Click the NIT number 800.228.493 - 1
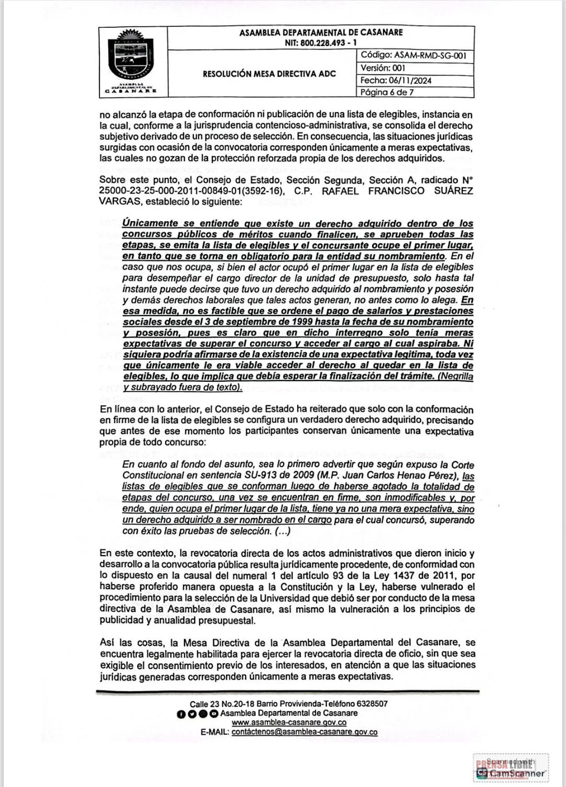(321, 43)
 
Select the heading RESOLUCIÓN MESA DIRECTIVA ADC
(269, 74)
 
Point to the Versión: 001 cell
(383, 68)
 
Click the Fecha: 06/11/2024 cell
(396, 80)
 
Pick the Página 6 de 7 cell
(387, 92)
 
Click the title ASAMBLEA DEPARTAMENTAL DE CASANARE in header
(321, 33)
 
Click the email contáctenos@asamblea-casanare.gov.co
(304, 732)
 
